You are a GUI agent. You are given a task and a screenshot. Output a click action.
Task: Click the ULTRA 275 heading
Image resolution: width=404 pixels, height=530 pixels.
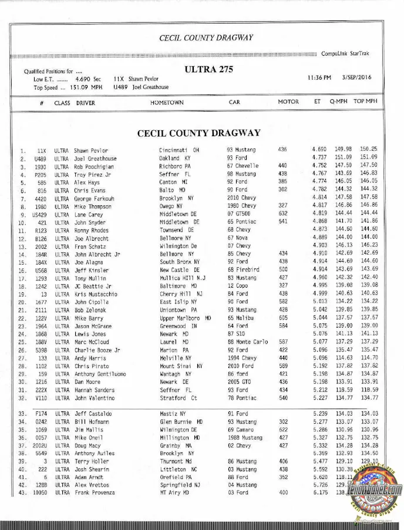pos(208,69)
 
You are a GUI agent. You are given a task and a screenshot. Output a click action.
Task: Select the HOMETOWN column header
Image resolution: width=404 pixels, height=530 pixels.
pos(167,102)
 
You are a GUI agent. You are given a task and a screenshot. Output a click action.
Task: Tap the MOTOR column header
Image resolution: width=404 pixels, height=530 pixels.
pos(288,102)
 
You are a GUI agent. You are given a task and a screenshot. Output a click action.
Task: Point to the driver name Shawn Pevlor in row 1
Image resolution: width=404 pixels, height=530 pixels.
pos(91,151)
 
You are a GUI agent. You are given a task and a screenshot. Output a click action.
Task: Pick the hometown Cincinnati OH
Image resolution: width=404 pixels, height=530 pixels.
pos(180,151)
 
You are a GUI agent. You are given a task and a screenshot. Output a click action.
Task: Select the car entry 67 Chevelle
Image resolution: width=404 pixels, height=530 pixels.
pos(243,166)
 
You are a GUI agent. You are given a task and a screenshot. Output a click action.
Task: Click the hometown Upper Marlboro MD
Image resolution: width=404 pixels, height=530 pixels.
pos(185,318)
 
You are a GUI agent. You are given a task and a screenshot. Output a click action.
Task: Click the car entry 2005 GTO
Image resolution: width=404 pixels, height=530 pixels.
pos(240,382)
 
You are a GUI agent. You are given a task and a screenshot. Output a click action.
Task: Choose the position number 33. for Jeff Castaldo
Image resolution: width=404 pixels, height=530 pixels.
pos(23,414)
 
